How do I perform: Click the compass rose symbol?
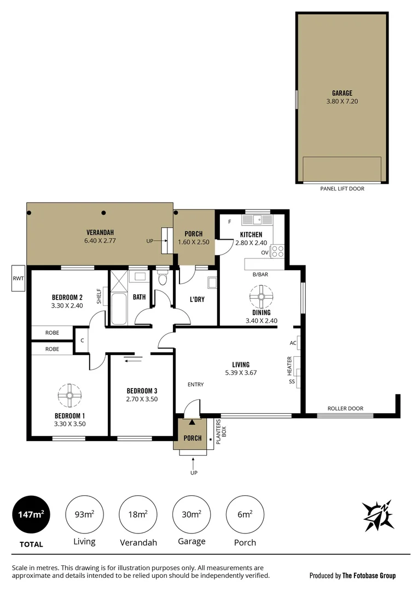point(378,514)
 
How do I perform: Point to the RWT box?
point(18,279)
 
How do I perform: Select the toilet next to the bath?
point(162,279)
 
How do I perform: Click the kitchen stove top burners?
point(278,251)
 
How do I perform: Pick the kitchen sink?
point(258,220)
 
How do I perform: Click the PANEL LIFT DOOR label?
point(342,189)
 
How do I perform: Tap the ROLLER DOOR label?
point(345,408)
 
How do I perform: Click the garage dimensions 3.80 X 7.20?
point(342,101)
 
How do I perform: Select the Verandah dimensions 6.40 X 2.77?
point(100,240)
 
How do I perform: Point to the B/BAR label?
point(259,275)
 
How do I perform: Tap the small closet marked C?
point(82,340)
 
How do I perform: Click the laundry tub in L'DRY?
point(211,283)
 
